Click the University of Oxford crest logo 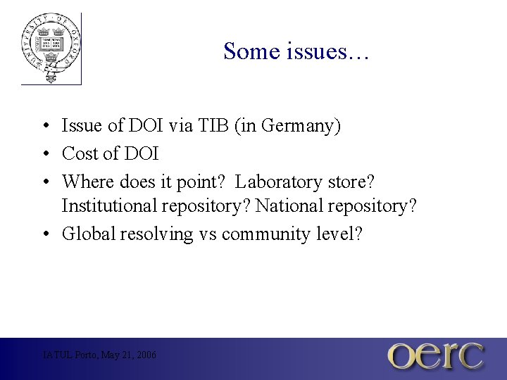pos(51,48)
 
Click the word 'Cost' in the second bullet pos(79,153)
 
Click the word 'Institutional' pos(108,207)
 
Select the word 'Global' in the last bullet pos(88,234)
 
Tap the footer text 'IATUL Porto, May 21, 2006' pos(99,355)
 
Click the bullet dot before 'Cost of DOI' pos(44,154)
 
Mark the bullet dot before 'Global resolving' pos(44,234)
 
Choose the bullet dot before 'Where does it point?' pos(44,182)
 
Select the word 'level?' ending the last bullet pos(338,234)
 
